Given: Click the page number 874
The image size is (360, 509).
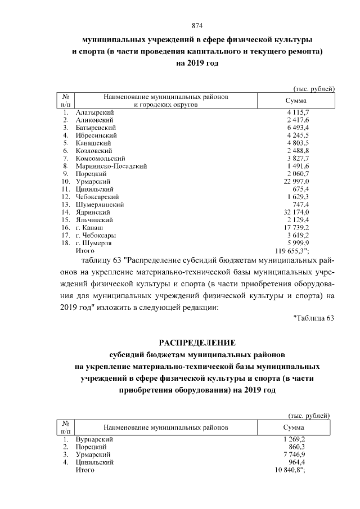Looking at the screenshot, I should pyautogui.click(x=197, y=26).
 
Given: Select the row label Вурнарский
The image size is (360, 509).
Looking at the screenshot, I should pyautogui.click(x=94, y=439).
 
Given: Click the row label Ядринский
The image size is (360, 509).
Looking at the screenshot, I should pyautogui.click(x=93, y=213).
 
